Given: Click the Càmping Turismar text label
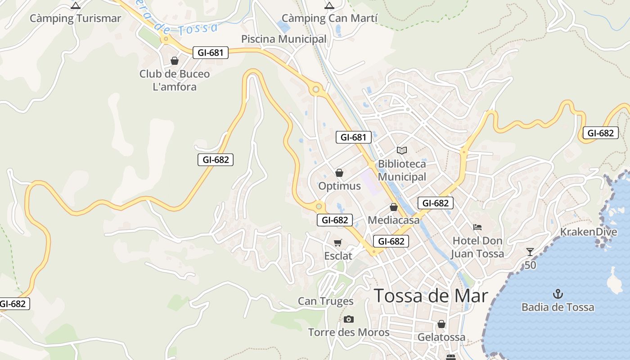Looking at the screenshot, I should pos(75,18).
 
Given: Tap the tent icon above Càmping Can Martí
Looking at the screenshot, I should pos(329,6).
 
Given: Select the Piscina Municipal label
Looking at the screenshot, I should pos(283,39).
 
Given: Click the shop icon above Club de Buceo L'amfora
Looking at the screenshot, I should pos(175,61).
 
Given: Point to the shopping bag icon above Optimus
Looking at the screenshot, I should pos(339,173).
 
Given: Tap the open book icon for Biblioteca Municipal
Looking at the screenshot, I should pos(402,150).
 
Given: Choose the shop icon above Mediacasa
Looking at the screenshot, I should pos(394,207).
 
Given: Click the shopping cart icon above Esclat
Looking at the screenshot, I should pos(338,243).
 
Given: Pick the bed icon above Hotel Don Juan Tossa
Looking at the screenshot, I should pos(477,227).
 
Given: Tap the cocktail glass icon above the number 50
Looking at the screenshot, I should pos(530,252).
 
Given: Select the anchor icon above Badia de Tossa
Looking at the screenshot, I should pos(558,294).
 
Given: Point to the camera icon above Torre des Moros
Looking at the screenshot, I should pos(348,319).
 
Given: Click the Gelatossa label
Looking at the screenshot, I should pos(441,337).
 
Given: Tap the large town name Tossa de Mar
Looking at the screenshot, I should pos(431,296).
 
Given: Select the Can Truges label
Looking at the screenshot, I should pos(326,301).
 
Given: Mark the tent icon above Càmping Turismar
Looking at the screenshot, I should pos(76,6).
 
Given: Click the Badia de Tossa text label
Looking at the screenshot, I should pos(558,307).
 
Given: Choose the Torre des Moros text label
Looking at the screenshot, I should pos(349,333).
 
